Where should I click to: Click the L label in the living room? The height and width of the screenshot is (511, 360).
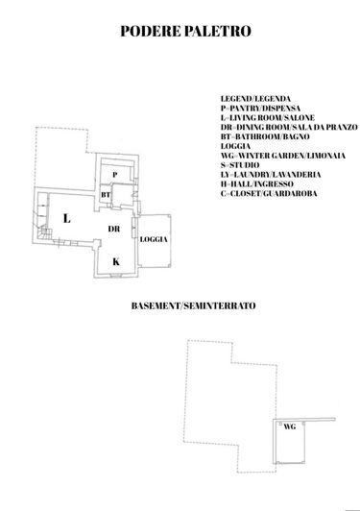pos(66,218)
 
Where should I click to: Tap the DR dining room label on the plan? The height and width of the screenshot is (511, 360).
pos(113,229)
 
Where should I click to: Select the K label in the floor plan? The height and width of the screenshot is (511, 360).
pos(116,260)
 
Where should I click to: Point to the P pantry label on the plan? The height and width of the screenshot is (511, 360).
pos(114,173)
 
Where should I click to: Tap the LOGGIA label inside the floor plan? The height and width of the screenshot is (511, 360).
pos(153,238)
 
